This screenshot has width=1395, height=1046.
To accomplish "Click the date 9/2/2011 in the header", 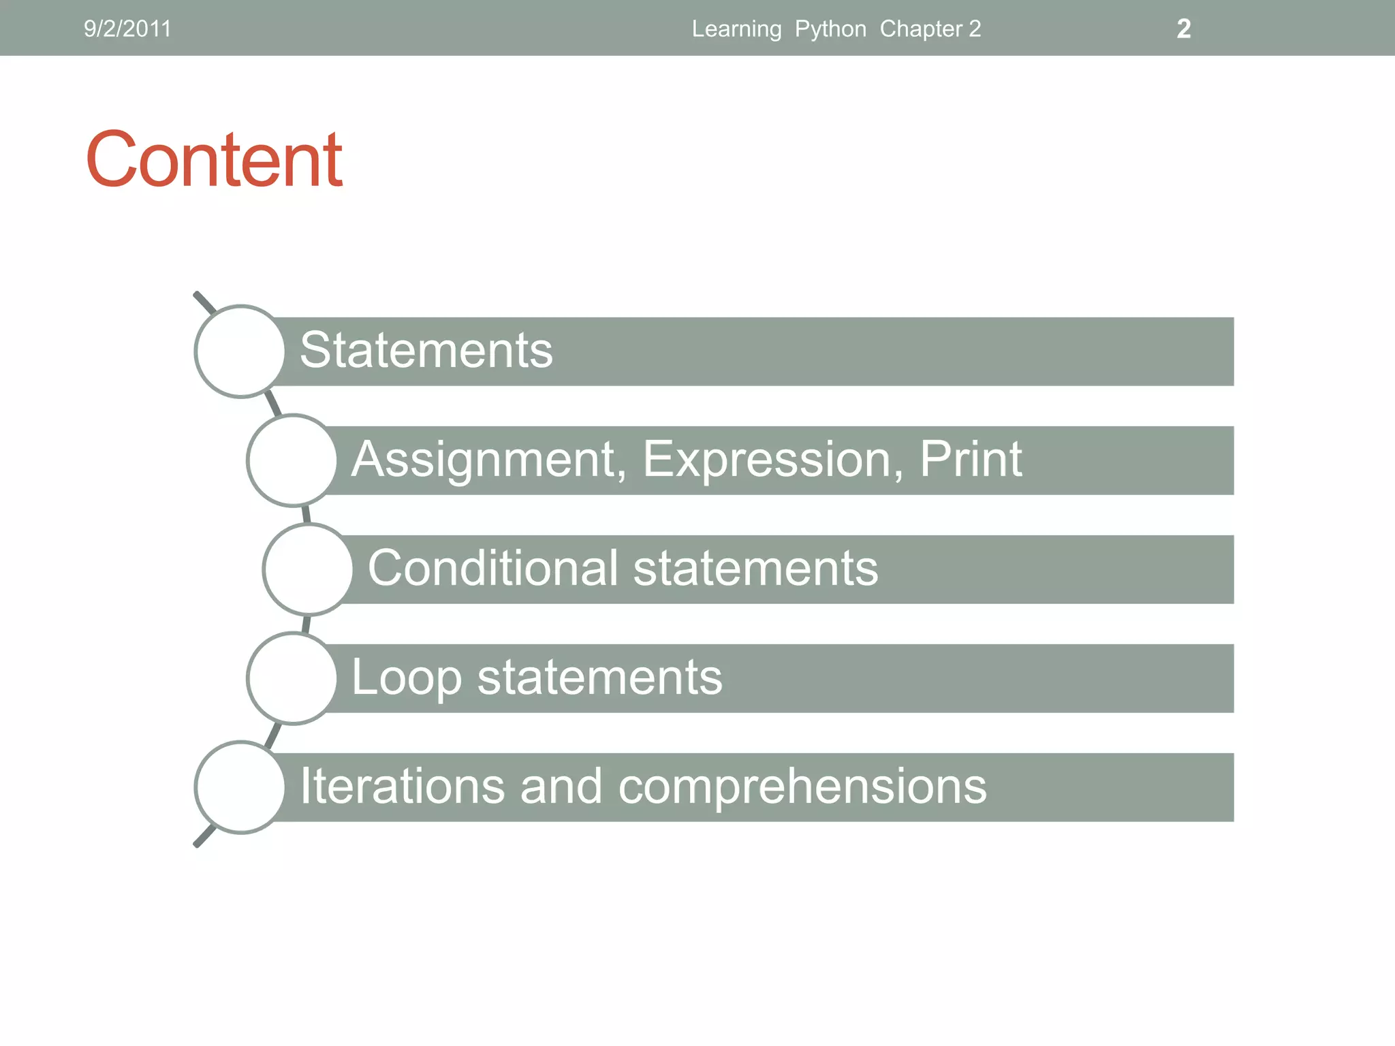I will (x=127, y=29).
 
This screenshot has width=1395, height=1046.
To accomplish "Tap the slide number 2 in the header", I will (x=1183, y=29).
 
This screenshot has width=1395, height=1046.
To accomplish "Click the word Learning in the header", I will (x=736, y=29).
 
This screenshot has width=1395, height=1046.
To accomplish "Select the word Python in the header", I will (x=830, y=29).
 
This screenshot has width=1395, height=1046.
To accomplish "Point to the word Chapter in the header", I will (x=921, y=29).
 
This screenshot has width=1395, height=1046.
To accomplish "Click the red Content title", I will (x=214, y=159).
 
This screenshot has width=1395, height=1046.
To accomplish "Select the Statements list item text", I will (x=426, y=350).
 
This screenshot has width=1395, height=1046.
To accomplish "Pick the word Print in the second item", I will (x=971, y=459).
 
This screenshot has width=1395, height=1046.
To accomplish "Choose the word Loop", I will (x=406, y=678).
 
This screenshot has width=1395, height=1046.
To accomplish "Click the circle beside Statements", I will (x=240, y=351).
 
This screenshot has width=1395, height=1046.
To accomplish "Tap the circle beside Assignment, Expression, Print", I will (x=292, y=460).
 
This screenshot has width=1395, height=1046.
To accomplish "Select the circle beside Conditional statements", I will (x=308, y=569).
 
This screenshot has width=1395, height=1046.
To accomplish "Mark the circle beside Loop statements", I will (x=292, y=678).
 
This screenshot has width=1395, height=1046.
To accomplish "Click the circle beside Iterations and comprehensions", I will (x=240, y=787).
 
